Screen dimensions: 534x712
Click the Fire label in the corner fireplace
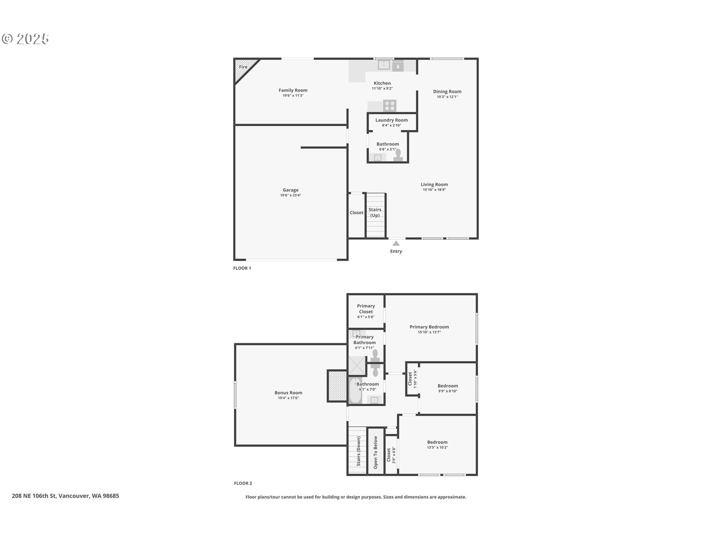point(243,67)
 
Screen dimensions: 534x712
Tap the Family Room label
point(293,90)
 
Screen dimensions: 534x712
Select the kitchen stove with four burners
point(390,106)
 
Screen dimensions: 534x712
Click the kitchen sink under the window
point(384,65)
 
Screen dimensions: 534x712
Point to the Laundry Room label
point(391,120)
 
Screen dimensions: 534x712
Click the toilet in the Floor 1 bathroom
point(398,155)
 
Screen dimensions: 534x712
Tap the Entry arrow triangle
point(396,243)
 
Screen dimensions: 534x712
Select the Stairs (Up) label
point(375,212)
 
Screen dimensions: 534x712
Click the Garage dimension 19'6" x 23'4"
point(290,195)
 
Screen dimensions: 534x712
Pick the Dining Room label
point(447,92)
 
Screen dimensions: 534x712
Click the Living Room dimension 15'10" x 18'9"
point(434,190)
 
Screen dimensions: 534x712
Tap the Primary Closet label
point(366,309)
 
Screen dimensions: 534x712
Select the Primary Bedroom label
point(429,327)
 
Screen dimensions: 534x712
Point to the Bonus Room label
point(288,393)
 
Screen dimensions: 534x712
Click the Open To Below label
point(375,452)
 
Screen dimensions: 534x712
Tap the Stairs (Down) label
point(359,451)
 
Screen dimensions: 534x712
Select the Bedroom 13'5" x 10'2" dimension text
point(437,448)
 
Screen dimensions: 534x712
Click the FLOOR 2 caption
point(243,483)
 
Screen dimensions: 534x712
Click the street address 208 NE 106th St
point(34,496)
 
